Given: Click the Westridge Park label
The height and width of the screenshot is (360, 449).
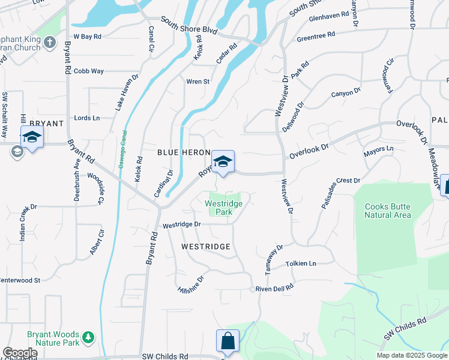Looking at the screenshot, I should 223,208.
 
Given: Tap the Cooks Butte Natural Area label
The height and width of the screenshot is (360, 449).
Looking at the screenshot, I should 388,211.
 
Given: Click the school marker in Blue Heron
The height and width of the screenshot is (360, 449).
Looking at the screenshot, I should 223,162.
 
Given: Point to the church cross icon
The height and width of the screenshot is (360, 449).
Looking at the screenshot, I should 50,43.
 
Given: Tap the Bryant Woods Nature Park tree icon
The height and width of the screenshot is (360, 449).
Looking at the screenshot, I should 89,337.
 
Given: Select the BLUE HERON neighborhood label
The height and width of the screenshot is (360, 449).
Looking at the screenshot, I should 184,152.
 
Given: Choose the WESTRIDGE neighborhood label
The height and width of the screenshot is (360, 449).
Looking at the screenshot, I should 206,247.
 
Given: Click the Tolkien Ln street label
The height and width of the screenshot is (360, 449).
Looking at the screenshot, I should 301,263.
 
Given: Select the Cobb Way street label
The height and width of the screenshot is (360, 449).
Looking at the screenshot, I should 89,71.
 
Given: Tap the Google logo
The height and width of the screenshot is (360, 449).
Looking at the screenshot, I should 19,353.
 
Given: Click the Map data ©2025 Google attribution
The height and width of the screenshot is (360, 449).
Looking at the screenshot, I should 412,355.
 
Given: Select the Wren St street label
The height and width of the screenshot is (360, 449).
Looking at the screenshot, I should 197,82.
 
